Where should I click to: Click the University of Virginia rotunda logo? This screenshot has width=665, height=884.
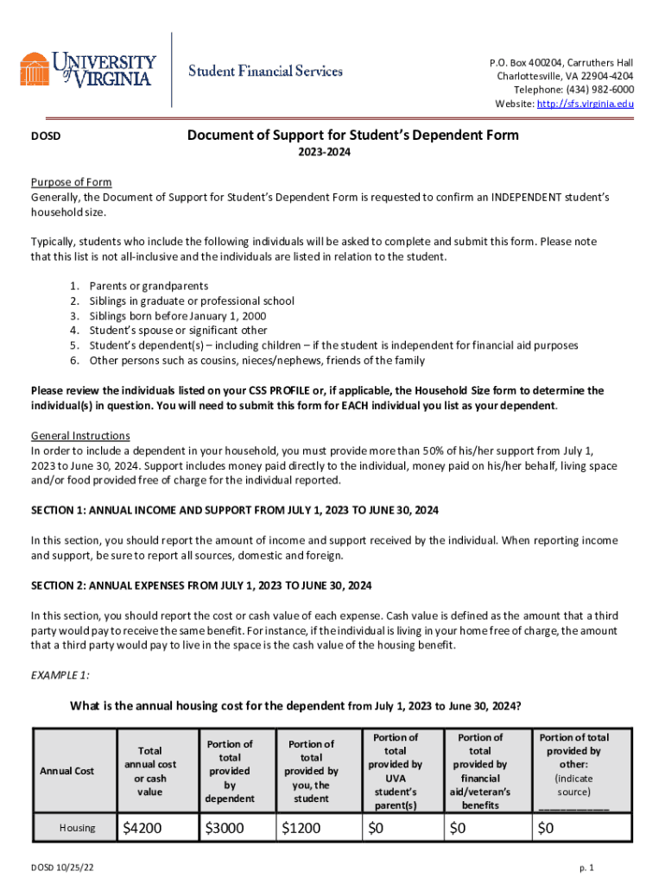coord(35,69)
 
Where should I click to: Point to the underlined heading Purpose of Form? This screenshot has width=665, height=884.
coord(72,182)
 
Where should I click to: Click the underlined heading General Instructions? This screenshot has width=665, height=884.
coord(80,435)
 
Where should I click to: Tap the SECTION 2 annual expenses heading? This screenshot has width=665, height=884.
coord(201,585)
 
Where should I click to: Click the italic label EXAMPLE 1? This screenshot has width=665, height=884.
coord(60,674)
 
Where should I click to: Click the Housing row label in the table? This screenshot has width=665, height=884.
coord(77,829)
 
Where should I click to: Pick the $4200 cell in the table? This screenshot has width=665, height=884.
coord(142,829)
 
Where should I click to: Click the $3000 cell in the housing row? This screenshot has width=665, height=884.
coord(225,829)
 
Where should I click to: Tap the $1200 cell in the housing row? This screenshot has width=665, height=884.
coord(301,829)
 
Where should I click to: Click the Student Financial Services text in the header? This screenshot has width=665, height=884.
coord(266,71)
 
